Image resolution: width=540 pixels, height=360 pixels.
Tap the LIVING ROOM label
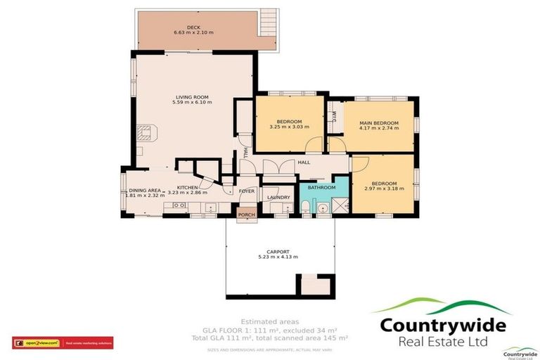(x=191, y=97)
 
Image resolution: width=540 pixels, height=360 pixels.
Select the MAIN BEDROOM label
(x=379, y=123)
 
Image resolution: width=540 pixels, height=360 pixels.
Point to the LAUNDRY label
(x=279, y=198)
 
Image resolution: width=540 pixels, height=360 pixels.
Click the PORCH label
(x=246, y=215)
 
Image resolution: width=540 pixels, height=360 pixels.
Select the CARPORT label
(x=278, y=251)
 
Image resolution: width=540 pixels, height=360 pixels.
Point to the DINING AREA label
(x=145, y=190)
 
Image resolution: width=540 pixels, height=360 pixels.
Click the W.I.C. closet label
(x=334, y=115)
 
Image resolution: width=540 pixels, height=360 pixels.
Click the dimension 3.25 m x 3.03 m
(x=289, y=127)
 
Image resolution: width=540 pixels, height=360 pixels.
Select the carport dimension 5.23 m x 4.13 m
(x=278, y=257)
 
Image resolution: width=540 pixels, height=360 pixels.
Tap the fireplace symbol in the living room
(x=146, y=132)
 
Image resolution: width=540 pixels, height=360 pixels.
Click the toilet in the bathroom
(x=306, y=206)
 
